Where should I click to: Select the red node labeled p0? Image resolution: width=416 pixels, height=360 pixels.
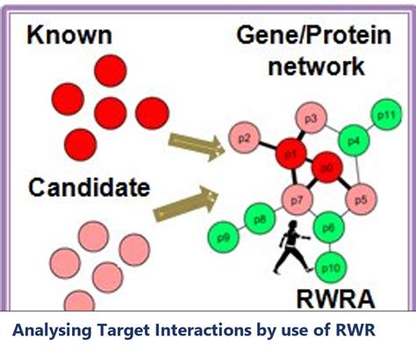[326, 166]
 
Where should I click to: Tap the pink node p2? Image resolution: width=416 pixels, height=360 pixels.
[246, 137]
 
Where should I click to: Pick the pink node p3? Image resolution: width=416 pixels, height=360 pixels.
[310, 117]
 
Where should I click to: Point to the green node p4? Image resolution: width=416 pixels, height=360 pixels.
[353, 139]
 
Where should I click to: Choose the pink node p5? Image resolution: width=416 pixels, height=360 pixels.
[360, 199]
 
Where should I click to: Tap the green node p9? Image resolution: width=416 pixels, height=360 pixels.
[223, 237]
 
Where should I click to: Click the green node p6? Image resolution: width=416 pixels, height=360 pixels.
[327, 227]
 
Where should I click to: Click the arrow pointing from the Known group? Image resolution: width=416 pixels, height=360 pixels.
[196, 147]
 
